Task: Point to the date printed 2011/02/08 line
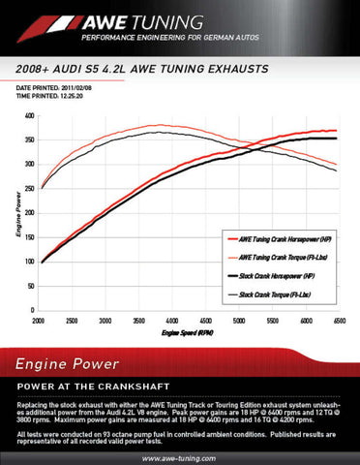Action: coord(59,87)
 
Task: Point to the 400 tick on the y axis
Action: coord(29,116)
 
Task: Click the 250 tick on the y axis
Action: coord(29,188)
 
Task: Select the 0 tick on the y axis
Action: coord(32,309)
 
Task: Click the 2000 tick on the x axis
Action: coord(40,319)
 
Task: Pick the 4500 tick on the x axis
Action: coord(206,319)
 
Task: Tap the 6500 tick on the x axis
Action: coord(339,319)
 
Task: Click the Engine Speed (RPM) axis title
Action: coord(189,331)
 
